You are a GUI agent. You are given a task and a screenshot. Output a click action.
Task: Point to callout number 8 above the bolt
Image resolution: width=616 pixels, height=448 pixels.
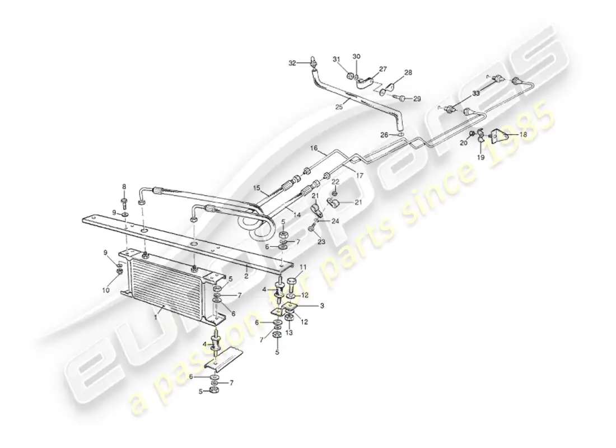(124, 186)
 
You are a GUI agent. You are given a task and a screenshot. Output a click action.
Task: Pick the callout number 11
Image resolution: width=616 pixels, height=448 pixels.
(303, 267)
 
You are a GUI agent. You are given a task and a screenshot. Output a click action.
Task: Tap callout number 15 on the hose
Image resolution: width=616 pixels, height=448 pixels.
(257, 188)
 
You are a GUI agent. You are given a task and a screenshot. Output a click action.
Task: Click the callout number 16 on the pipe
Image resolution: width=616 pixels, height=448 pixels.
(314, 148)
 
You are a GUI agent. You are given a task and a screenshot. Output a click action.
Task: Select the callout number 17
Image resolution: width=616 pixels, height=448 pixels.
(360, 175)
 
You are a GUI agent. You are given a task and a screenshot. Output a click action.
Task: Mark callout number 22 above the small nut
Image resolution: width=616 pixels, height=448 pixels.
(334, 181)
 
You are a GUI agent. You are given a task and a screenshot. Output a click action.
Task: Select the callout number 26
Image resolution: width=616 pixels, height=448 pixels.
(384, 134)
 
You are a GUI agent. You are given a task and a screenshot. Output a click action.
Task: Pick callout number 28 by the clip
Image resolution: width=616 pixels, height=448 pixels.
(408, 73)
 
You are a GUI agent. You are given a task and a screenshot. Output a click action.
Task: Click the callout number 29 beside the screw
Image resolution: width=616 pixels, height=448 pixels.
(417, 99)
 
